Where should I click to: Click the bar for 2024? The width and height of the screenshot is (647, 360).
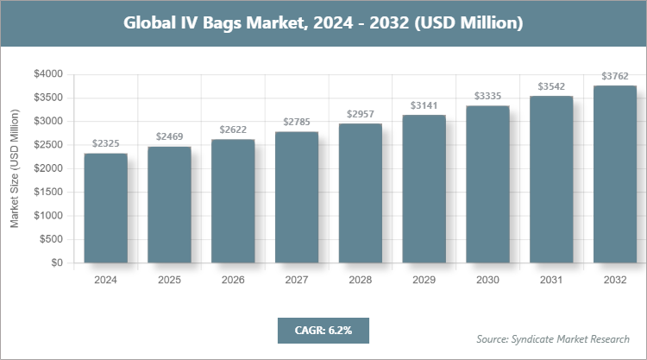pos(105,208)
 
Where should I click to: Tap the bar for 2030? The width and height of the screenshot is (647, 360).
pos(487,184)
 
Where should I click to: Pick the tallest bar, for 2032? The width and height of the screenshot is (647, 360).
pos(615,174)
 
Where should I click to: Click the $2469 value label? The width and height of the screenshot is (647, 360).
pos(169,137)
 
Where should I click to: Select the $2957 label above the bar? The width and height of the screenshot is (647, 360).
pos(361,114)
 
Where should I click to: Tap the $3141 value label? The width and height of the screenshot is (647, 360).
pos(424,105)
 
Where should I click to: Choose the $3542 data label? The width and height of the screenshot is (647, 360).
pos(551,86)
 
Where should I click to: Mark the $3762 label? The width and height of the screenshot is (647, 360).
pos(615,76)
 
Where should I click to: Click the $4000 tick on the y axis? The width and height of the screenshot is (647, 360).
pos(47,74)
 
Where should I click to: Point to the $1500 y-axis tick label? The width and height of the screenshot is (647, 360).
pos(47,192)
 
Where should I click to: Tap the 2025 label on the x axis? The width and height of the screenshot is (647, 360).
pos(169,280)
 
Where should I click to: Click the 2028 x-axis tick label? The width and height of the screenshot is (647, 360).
pos(361,280)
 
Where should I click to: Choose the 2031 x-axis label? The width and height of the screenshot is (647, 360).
pos(551,280)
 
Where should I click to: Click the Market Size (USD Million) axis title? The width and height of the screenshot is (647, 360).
pos(15,168)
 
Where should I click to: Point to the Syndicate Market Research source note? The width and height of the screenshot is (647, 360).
pos(553,338)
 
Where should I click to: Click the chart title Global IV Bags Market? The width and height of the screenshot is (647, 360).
pos(323,22)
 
